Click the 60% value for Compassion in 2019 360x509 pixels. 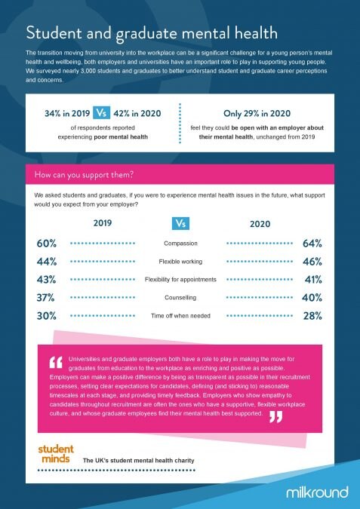tap(47, 244)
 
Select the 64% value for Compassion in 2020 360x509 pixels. tap(312, 244)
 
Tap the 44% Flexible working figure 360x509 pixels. tap(47, 262)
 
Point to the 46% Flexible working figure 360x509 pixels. tap(312, 262)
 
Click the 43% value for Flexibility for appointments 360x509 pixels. tap(47, 280)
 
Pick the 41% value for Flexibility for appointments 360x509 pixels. tap(313, 280)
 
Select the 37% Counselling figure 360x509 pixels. tap(45, 298)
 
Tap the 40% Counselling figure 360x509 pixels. tap(312, 298)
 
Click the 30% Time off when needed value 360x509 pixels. tap(47, 316)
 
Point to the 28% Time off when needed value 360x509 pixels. tap(312, 316)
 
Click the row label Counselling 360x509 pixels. tap(180, 298)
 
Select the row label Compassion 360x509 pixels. tap(180, 244)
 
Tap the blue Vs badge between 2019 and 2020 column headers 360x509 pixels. tap(180, 223)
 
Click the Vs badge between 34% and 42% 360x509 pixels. tap(101, 113)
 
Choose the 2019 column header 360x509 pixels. tap(103, 223)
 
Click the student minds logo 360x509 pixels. tap(56, 454)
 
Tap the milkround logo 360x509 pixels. tap(317, 492)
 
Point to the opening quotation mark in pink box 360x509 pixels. tap(56, 362)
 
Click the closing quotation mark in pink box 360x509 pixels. tap(275, 417)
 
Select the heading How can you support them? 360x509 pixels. tap(84, 175)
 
